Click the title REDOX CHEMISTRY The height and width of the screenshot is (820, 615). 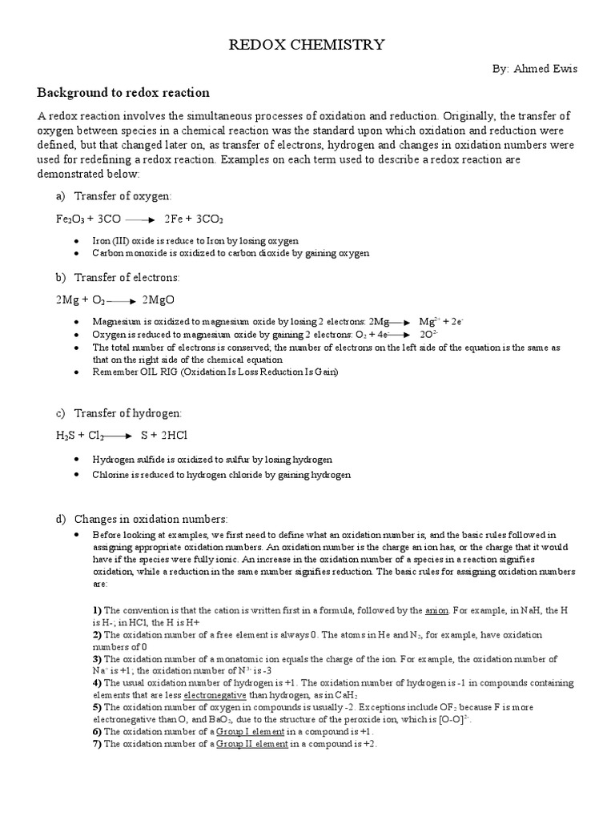click(307, 45)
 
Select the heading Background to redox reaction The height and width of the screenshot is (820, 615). click(123, 93)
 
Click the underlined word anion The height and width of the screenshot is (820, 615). click(436, 610)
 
